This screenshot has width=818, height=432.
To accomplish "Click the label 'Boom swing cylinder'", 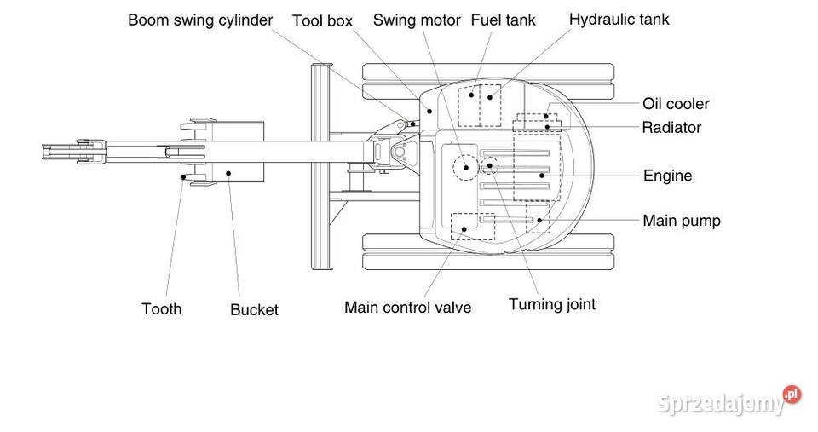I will pos(200,20).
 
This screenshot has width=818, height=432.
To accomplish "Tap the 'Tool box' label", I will pos(322,20).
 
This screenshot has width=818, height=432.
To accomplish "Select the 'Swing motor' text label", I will pos(417,20).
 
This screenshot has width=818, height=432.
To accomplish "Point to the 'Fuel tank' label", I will pos(503,20).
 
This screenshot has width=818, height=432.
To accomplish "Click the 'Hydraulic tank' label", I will pos(619,19).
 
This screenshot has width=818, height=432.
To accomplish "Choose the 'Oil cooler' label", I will pos(676,104).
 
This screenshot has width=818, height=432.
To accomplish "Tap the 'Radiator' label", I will pos(671,128).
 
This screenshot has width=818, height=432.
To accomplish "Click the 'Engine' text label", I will pos(667,176).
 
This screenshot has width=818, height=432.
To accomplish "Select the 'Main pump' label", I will pos(682,221).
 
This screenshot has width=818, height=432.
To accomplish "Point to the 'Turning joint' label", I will pos(552,304).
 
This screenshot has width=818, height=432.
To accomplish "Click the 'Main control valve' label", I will pos(407,308).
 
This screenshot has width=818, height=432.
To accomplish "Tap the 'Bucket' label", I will pos(254,310).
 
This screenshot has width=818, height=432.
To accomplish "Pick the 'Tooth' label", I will pos(162,308).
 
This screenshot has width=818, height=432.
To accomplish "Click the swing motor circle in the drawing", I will pos(466,166).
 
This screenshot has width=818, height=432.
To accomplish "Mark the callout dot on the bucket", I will pos(229,173).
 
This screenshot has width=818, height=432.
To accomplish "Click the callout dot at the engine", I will pos(541,175).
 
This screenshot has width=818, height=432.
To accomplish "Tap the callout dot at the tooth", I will pos(184,177).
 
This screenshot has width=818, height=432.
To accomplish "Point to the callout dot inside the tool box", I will pos(429,110).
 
